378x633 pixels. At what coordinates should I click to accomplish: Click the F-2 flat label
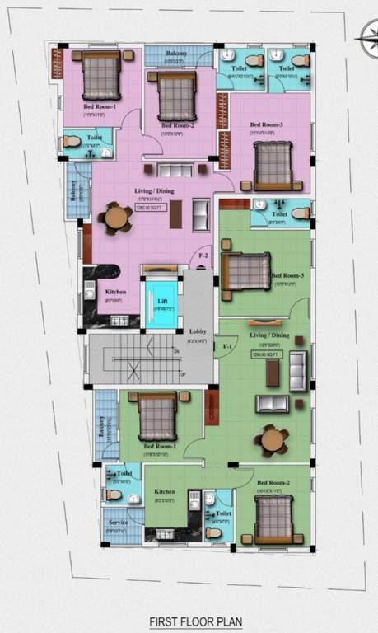[203, 256]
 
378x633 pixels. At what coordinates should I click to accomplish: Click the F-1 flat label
[228, 348]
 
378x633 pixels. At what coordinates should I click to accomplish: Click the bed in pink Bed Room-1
[101, 75]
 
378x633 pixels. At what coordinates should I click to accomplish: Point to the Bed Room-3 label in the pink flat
[266, 125]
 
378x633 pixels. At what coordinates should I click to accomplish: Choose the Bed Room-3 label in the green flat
[287, 275]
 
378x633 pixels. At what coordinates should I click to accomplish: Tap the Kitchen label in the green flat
[164, 492]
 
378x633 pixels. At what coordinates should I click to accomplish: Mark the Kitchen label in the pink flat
[115, 292]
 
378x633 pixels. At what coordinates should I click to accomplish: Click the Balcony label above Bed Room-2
[176, 54]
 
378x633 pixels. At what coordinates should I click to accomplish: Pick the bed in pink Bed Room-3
[272, 164]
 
